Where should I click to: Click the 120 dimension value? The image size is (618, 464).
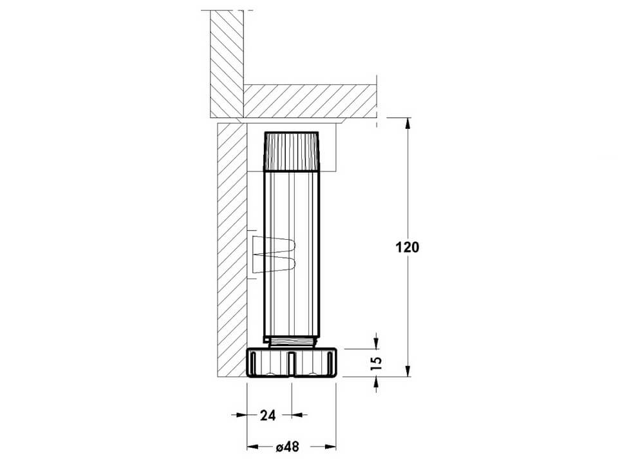[407, 247]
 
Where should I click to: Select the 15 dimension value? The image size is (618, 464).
[377, 363]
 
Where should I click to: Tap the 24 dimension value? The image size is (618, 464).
[268, 415]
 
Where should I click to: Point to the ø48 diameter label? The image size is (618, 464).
[287, 447]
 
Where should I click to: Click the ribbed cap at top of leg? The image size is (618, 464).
[291, 151]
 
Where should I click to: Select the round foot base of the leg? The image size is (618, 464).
[291, 363]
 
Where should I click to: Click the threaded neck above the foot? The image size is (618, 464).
[291, 342]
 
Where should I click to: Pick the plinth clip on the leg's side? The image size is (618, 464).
[274, 255]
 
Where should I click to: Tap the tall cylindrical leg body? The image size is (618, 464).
[291, 253]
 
